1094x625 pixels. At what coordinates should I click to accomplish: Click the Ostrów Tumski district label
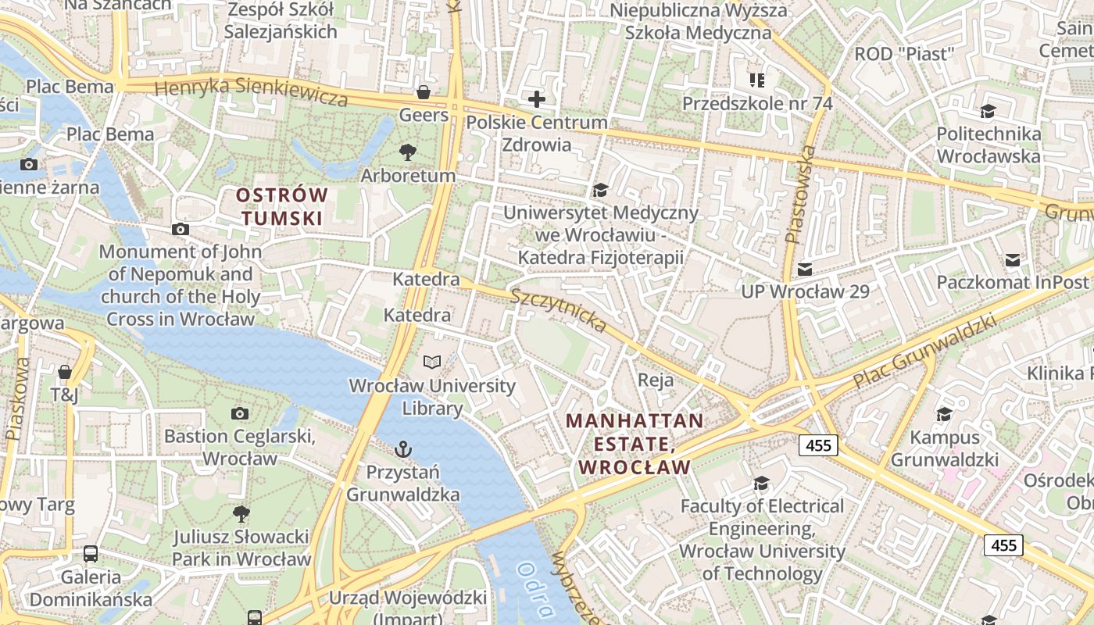pos(282,206)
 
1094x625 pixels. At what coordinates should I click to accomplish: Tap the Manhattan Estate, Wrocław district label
pos(634,444)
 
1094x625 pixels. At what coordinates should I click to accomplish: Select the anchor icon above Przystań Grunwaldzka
pos(403,449)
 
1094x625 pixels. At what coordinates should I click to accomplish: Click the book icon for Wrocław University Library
pos(432,362)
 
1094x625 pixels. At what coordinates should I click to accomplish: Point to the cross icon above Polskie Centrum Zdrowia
pos(536,99)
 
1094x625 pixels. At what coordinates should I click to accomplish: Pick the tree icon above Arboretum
pos(407,152)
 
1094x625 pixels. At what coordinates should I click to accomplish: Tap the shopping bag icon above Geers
pos(424,92)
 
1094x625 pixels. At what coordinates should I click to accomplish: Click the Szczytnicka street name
pos(559,309)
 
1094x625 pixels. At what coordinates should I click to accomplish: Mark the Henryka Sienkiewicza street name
pos(251,92)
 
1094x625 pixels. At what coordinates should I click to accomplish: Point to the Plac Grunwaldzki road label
pos(925,352)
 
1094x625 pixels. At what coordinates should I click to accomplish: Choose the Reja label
pos(656,380)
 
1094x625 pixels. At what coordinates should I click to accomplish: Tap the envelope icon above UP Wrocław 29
pos(804,270)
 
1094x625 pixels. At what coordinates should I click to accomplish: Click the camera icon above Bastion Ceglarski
pos(240,413)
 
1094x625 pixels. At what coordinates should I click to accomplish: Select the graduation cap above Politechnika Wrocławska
pos(988,111)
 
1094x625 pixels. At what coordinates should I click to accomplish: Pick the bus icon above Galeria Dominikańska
pos(91,554)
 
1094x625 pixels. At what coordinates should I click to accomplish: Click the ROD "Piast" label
pos(905,54)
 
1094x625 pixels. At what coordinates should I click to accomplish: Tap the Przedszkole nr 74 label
pos(757,103)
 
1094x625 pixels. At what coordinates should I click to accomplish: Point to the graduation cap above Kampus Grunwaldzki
pos(944,414)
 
